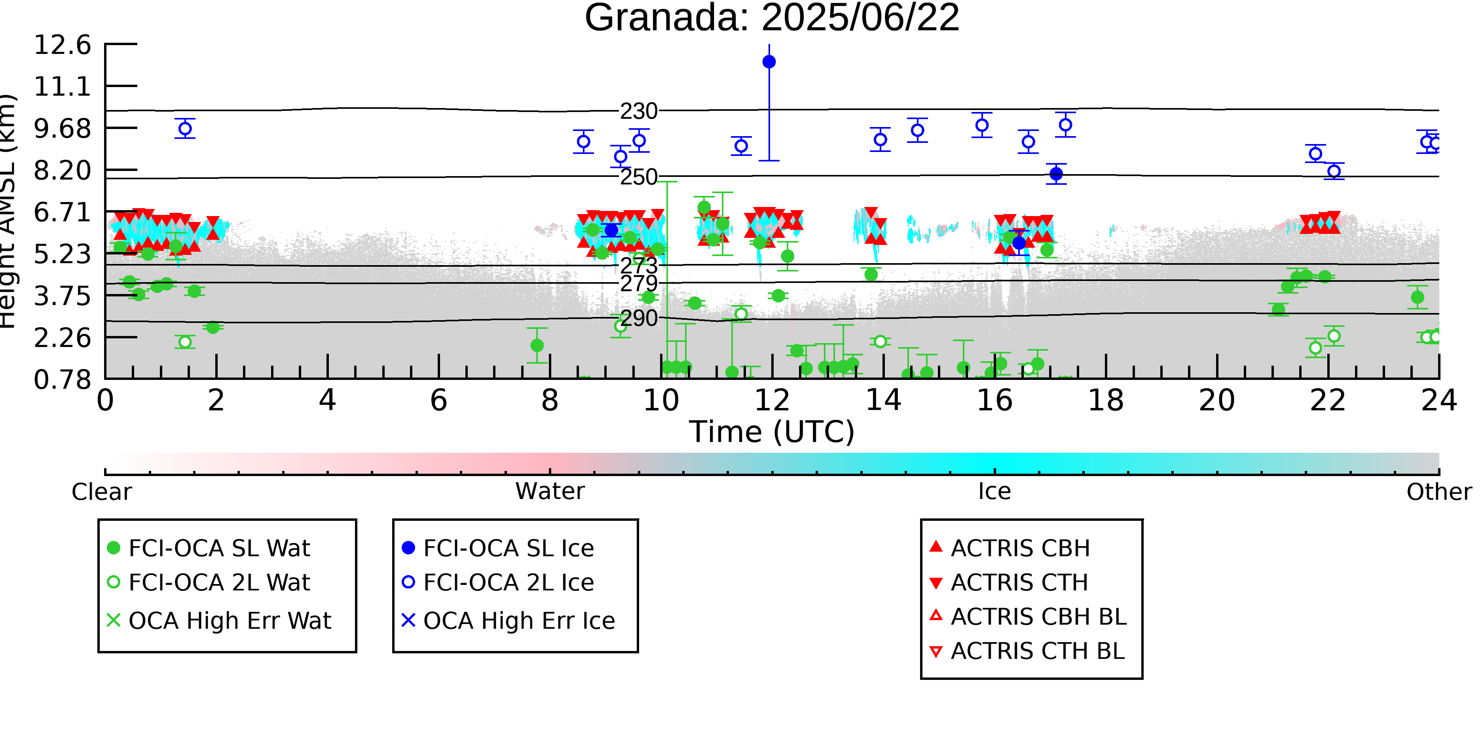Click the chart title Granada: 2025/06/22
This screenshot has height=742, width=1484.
coord(772,17)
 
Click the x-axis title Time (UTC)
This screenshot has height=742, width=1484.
coord(772,432)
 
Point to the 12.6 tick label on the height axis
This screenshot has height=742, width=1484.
coord(62,45)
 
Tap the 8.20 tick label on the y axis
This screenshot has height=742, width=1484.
coord(62,171)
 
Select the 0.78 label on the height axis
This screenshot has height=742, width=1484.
coord(62,380)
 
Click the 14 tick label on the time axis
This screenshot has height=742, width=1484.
coord(883,400)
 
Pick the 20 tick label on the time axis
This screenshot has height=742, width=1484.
coord(1217,400)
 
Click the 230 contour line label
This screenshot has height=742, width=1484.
coord(638,111)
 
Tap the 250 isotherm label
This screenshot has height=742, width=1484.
coord(638,177)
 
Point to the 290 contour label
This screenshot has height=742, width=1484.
coord(638,318)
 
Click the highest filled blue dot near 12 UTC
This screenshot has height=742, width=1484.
coord(769,62)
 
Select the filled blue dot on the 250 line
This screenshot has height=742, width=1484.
coord(1056,173)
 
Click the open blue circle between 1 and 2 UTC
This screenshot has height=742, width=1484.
coord(185,129)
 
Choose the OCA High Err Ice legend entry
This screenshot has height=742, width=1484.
coord(509,621)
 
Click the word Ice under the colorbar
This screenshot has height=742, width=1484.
coord(994,492)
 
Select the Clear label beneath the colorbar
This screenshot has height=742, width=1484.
coord(101,492)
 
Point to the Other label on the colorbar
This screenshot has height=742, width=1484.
coord(1439,492)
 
